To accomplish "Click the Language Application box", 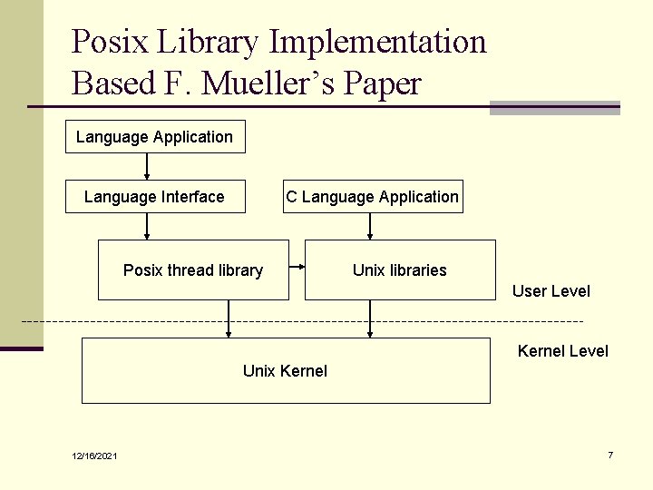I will pos(155,137).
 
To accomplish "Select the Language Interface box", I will pos(155,197).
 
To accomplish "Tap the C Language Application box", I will pos(372,197).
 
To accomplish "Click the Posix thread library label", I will pos(193,270).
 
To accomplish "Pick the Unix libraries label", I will pos(400,270).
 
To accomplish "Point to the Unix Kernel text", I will pos(285,370).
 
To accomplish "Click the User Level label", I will pos(551,291).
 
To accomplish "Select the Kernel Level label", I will pos(562,351).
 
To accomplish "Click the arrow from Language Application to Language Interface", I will pos(147,167).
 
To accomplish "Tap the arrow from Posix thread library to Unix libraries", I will pos(297,267).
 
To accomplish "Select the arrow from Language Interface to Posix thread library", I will pos(147,226).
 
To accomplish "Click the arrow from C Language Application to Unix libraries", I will pos(372,226).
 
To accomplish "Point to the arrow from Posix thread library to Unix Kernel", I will pos(229,318).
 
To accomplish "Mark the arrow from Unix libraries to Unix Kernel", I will pos(369,318).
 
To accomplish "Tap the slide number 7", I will pos(610,455).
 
